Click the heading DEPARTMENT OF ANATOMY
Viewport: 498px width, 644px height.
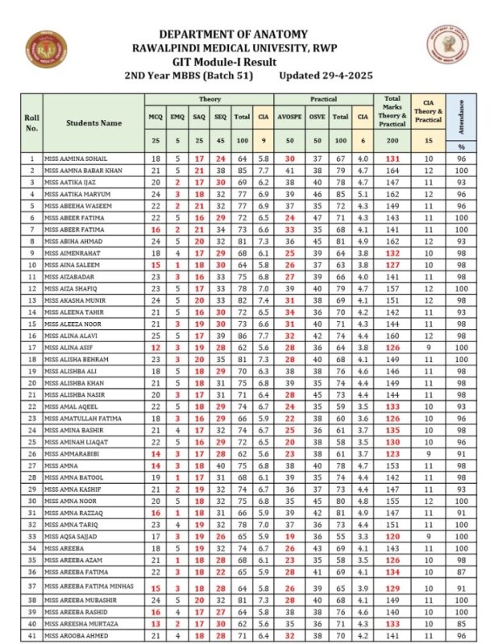click(233, 34)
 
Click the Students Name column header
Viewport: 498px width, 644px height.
click(93, 123)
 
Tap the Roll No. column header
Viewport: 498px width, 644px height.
click(32, 123)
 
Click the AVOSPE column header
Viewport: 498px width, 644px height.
click(289, 118)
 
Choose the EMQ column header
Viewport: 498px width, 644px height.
click(177, 118)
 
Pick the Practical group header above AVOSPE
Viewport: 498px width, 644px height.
click(323, 99)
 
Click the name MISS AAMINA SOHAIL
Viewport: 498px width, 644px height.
click(75, 159)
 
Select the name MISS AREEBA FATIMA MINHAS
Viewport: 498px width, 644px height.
click(86, 586)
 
